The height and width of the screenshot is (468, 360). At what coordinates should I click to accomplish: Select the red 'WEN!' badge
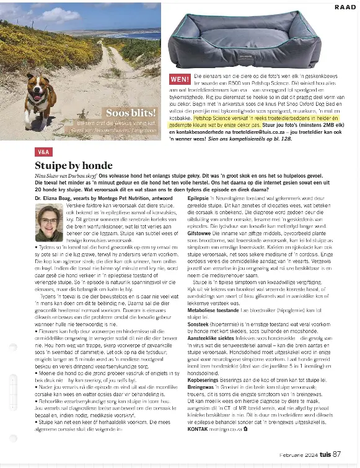pos(180,79)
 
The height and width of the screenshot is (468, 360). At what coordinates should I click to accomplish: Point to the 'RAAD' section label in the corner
pos(345,7)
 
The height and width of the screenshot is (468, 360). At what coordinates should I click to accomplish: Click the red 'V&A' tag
pos(43,151)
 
